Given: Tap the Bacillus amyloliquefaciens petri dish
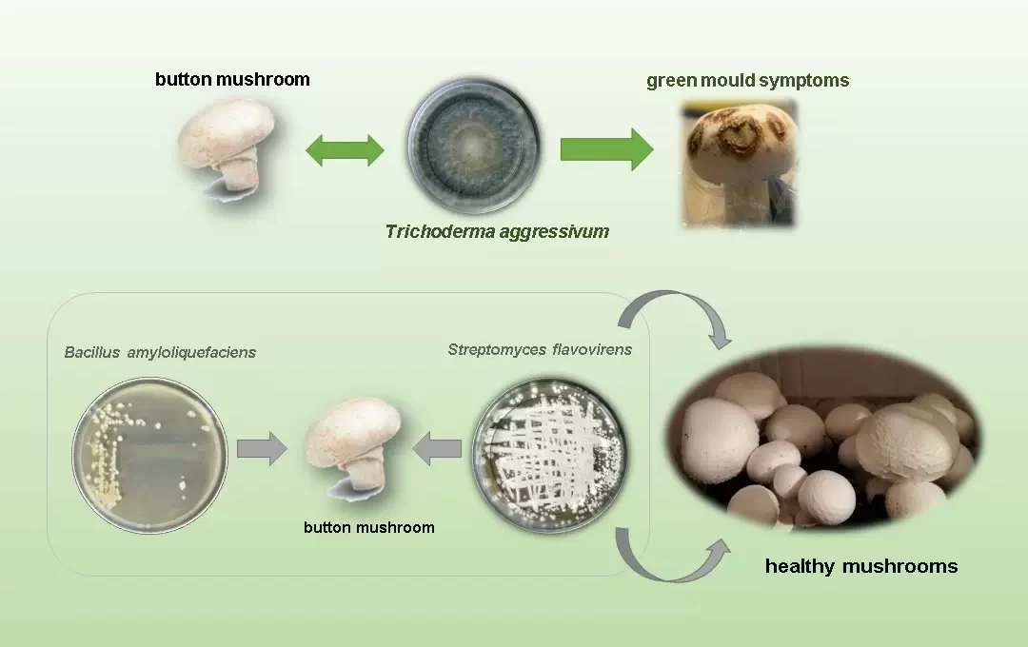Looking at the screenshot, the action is pos(149,454).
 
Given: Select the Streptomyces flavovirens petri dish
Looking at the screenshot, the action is pos(549,454).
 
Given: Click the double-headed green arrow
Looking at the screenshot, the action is pos(345,150).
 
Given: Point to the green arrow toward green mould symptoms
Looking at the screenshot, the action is pos(606,149).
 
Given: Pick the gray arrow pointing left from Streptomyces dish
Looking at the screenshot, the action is pos(437,448).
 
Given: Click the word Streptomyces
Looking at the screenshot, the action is pos(496,350).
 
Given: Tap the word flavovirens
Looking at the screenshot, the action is pos(592,349).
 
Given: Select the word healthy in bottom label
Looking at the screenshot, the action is pos(801,566).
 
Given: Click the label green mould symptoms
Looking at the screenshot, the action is pos(748,81).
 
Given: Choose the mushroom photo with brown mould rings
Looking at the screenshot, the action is pos(740,164).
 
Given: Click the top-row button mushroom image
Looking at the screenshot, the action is pos(227,149).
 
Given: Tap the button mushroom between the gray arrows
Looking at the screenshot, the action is pos(353,448).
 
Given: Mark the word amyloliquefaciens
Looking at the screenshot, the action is pos(191,353).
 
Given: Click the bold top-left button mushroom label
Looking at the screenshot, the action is pos(233,79).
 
